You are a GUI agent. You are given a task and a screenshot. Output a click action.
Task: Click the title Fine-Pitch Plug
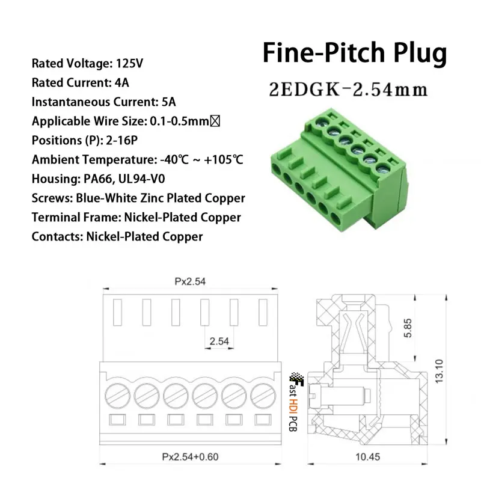(x=355, y=53)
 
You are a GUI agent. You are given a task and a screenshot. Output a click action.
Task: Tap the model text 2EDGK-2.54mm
(x=348, y=90)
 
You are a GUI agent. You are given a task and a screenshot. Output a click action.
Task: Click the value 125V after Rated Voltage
(x=129, y=64)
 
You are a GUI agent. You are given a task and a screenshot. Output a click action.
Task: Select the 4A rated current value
(x=122, y=83)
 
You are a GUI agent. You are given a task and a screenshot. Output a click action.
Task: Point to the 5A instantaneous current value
(x=169, y=102)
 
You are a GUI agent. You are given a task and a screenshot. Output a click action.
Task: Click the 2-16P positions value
(x=122, y=141)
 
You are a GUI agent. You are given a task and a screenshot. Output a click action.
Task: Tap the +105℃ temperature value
(x=223, y=160)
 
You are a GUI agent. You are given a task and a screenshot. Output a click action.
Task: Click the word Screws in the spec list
(x=52, y=198)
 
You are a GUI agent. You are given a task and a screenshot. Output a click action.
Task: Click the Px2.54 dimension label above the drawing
(x=190, y=281)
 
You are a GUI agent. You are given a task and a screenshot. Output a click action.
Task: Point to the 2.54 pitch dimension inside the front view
(x=219, y=341)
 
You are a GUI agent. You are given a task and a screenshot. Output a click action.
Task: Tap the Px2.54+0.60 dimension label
(x=190, y=457)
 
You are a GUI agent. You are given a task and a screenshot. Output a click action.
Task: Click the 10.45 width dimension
(x=367, y=457)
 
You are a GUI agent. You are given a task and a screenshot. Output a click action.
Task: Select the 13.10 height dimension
(x=440, y=371)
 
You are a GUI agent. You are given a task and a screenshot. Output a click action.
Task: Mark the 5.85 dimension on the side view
(x=408, y=328)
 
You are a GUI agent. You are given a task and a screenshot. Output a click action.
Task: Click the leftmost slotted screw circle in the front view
(x=117, y=396)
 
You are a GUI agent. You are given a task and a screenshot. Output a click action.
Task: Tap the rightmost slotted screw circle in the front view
(x=263, y=396)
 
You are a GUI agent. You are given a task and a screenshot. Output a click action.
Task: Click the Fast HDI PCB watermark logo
(x=295, y=402)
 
